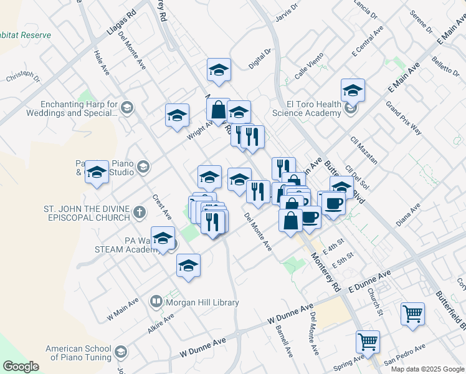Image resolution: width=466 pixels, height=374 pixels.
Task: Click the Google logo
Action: pyautogui.click(x=21, y=367)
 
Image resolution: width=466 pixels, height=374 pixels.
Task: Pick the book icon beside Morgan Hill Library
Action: pyautogui.click(x=156, y=302)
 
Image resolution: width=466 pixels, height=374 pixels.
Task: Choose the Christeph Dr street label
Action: pyautogui.click(x=22, y=79)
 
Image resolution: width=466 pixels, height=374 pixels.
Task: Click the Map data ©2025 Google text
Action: pyautogui.click(x=428, y=369)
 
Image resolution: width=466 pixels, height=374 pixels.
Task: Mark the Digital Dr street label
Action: pyautogui.click(x=260, y=59)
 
